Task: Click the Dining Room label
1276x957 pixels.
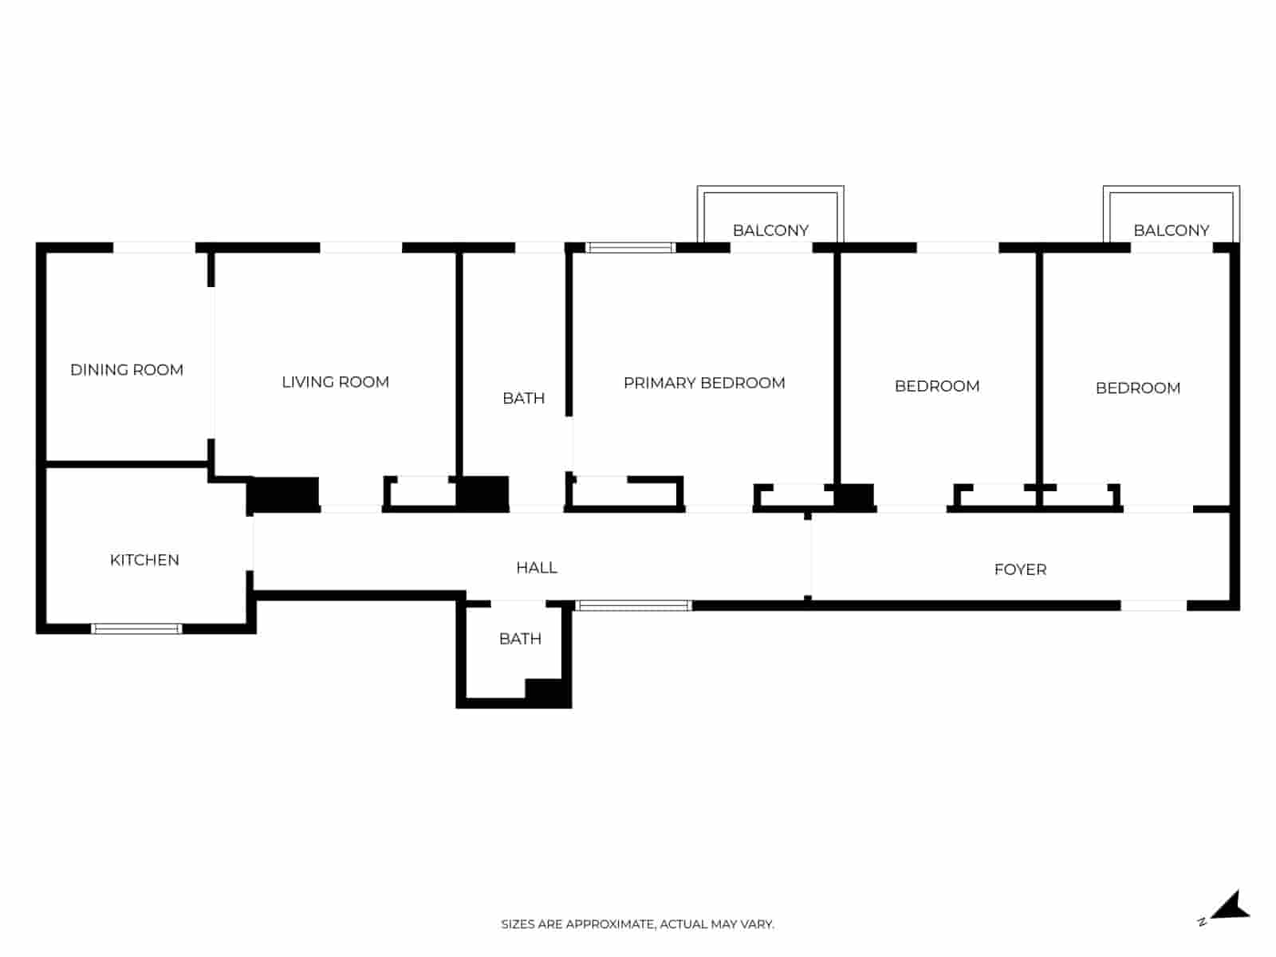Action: tap(127, 370)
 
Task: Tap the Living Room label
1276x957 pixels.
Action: tap(335, 382)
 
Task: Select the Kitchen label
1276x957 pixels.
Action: tap(144, 560)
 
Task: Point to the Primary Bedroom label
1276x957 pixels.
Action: tap(704, 383)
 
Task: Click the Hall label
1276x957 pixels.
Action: tap(536, 568)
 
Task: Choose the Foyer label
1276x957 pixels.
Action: tap(1020, 569)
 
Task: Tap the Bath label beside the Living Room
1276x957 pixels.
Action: tap(523, 398)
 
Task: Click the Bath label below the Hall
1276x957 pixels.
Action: tap(520, 639)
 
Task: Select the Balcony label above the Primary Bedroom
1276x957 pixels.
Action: tap(770, 230)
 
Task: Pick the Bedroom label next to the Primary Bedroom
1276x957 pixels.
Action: tap(937, 386)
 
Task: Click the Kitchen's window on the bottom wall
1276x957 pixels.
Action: tap(137, 628)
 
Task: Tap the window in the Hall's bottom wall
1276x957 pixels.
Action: tap(634, 606)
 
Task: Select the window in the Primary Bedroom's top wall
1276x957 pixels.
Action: tap(631, 248)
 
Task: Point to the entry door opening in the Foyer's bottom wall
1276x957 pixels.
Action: tap(1153, 606)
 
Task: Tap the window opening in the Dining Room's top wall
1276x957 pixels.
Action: tap(154, 248)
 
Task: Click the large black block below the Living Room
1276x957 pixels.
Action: tap(285, 494)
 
